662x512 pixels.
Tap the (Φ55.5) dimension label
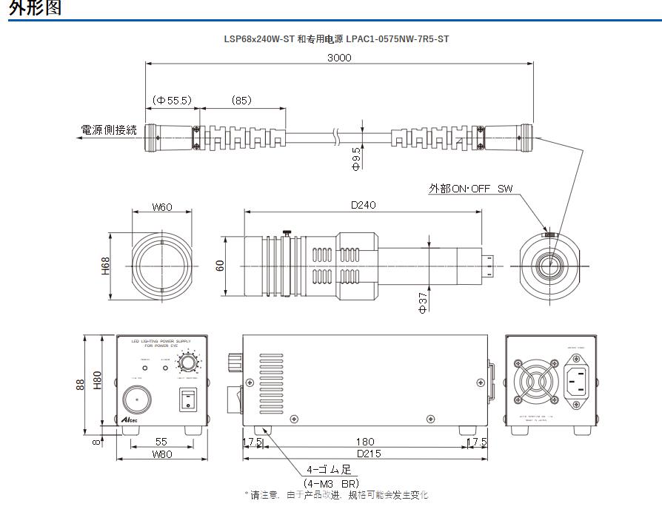pos(172,99)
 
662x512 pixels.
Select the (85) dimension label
pos(241,99)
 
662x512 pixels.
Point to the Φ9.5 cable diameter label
pos(356,158)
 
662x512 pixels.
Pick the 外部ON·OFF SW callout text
pos(470,189)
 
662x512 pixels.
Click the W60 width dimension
pos(161,207)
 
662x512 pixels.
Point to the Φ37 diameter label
pos(424,303)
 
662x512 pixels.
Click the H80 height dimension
pos(98,380)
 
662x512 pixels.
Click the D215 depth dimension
pos(364,454)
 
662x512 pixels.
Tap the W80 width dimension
pos(161,454)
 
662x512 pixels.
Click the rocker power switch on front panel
pos(188,400)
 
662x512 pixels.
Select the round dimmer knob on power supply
pos(188,363)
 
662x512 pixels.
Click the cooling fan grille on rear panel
pos(532,383)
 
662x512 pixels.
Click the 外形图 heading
pos(36,8)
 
